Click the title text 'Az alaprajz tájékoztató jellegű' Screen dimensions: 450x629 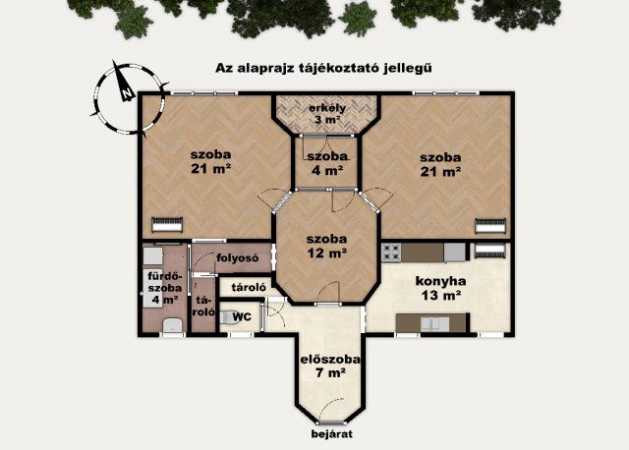tap(324, 68)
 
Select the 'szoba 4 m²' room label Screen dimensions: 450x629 tap(325, 163)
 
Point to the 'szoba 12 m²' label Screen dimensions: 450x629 tap(325, 246)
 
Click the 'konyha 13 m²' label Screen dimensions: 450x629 tap(439, 287)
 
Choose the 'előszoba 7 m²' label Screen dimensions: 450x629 tap(329, 366)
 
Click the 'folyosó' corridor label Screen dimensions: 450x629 tap(237, 259)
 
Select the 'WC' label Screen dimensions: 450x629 tap(242, 316)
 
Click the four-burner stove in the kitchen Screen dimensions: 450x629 tap(392, 253)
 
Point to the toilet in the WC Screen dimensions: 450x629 tap(228, 318)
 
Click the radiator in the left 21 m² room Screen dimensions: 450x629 tap(167, 223)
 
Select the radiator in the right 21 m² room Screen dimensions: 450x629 tap(489, 225)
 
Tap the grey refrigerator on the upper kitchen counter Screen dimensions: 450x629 tap(454, 253)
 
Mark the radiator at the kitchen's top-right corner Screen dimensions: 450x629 tap(488, 252)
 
